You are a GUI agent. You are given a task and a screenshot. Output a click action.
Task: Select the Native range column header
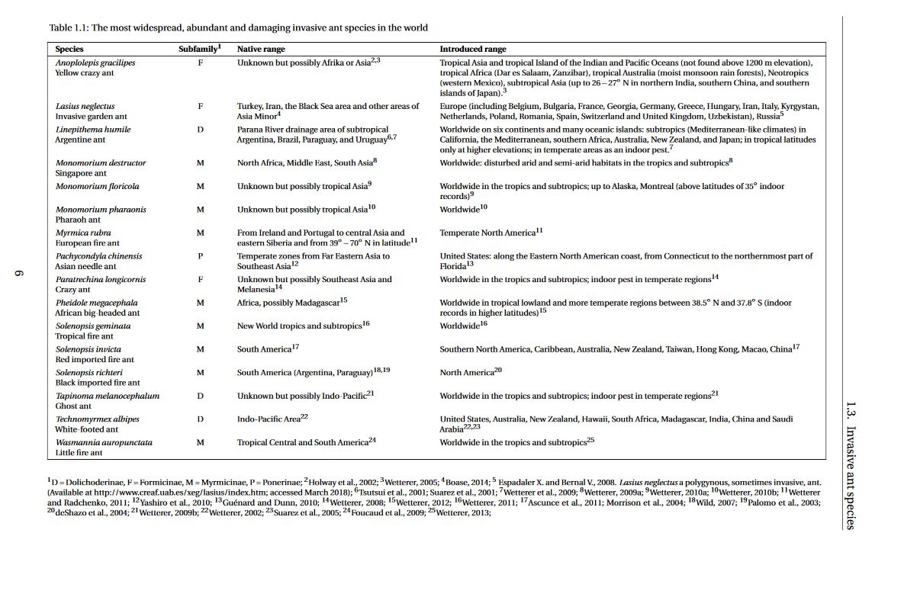(x=261, y=49)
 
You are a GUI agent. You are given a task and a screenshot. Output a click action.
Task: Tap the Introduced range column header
(x=472, y=49)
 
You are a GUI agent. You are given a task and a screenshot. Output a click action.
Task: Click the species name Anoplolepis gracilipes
(x=95, y=63)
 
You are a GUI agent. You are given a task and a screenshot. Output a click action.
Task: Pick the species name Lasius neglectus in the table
(x=85, y=107)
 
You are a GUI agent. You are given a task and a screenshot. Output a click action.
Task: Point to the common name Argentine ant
(x=79, y=140)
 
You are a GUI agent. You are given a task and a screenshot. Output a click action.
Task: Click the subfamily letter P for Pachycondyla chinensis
(x=200, y=256)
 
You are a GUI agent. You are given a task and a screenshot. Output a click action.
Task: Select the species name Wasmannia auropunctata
(x=104, y=442)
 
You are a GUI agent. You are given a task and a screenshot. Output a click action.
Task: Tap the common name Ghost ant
(x=73, y=406)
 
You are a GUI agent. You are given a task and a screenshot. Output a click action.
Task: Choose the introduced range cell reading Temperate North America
(x=487, y=233)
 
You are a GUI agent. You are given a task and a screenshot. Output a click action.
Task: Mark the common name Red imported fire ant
(x=95, y=359)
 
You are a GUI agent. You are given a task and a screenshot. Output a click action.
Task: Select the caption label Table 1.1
(x=68, y=27)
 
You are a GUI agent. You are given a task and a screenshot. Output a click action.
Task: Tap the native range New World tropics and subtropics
(x=299, y=326)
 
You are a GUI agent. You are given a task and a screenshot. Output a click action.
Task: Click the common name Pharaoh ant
(x=78, y=220)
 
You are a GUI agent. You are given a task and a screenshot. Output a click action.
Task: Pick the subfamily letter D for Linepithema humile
(x=200, y=130)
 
